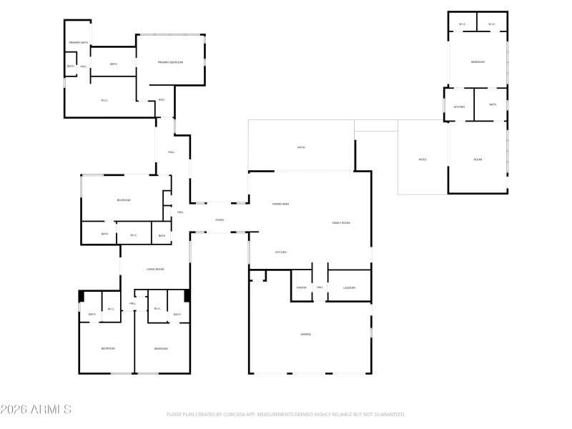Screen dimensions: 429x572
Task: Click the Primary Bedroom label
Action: [170, 63]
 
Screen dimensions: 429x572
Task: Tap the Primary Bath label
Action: [78, 43]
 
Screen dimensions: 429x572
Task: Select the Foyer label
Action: [220, 220]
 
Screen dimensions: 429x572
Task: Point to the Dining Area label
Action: [280, 204]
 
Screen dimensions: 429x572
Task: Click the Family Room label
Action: [341, 223]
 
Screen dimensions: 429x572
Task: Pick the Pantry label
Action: [301, 287]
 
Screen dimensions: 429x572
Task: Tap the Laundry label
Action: [349, 287]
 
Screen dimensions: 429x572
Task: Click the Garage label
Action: [305, 334]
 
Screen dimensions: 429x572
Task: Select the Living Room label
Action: [155, 269]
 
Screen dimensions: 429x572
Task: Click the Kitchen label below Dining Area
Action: [282, 252]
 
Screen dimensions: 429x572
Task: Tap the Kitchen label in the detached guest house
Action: [459, 107]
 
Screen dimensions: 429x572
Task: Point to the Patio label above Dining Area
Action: [301, 147]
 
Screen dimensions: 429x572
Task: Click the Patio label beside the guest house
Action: [422, 159]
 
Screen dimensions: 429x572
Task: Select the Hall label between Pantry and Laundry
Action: [320, 287]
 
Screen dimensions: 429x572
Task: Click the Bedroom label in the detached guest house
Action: [478, 62]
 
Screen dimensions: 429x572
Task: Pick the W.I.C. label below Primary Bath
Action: [104, 100]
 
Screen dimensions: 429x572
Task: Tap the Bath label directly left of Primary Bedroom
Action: [113, 64]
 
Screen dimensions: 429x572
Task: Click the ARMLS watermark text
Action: [36, 410]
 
